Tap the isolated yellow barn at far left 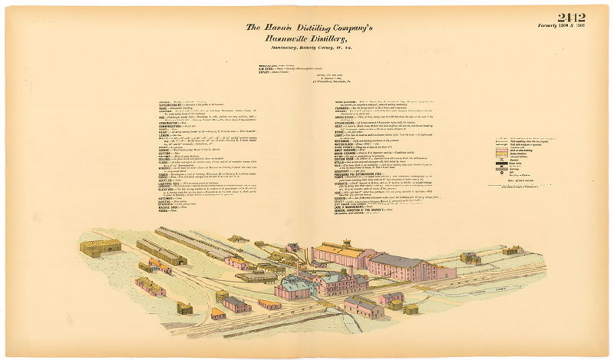pos(101,247)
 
